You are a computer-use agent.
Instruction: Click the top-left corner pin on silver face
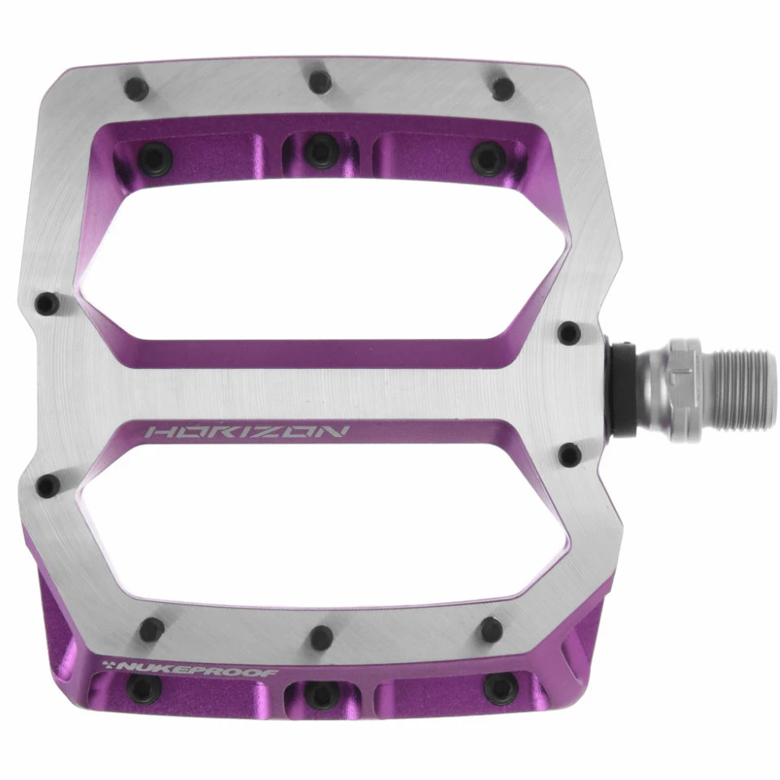tap(136, 89)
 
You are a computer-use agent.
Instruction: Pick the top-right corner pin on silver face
tap(504, 88)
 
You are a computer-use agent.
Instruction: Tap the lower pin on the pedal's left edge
tap(48, 485)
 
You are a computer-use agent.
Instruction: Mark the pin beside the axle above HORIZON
tap(570, 331)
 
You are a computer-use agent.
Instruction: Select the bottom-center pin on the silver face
tap(321, 637)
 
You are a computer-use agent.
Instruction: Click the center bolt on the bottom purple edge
tap(318, 692)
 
